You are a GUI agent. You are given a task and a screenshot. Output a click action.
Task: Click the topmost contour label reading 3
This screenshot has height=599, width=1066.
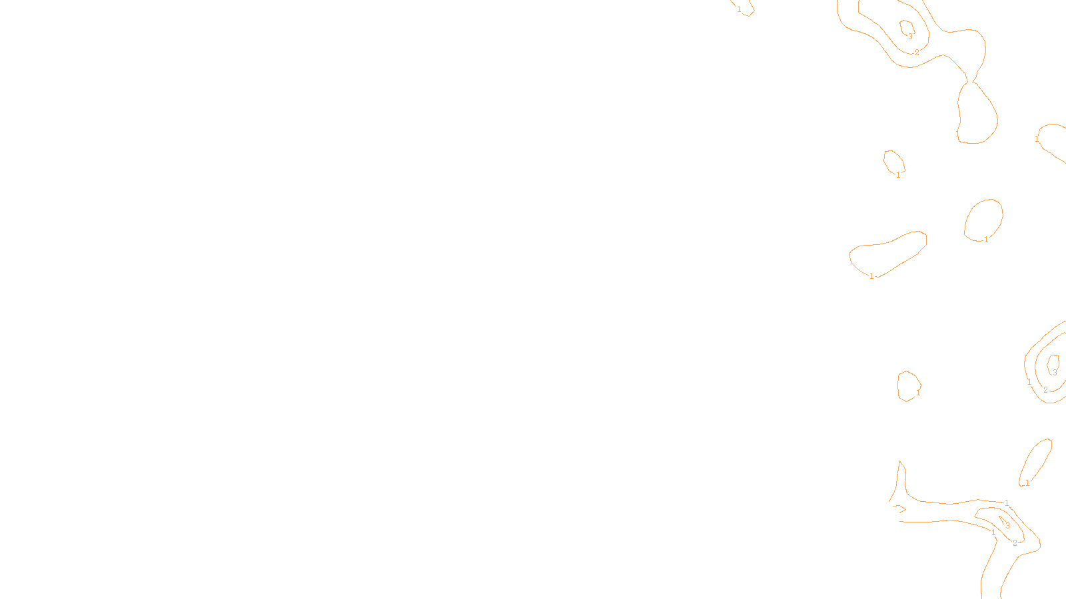click(x=910, y=37)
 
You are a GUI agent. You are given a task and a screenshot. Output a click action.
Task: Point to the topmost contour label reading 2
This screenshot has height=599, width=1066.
click(x=917, y=52)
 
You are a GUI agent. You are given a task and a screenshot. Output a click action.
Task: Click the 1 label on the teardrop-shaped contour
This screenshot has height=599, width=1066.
click(x=957, y=134)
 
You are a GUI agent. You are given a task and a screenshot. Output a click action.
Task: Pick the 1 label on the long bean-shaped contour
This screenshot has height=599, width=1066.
click(x=871, y=276)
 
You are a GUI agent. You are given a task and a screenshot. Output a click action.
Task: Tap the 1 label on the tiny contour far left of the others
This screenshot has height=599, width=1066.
click(x=739, y=9)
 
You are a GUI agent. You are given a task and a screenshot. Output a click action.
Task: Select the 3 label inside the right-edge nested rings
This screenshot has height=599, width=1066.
click(x=1055, y=373)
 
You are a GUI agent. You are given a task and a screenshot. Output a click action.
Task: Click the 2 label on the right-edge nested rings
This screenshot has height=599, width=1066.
click(x=1045, y=389)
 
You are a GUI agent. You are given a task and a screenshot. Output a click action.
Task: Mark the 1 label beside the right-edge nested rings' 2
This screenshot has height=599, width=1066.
click(x=1029, y=382)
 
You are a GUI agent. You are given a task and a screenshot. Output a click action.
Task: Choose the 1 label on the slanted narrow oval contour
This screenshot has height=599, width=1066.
click(x=1027, y=483)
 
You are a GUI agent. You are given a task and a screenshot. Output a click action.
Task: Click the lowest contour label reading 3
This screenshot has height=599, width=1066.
click(x=1007, y=525)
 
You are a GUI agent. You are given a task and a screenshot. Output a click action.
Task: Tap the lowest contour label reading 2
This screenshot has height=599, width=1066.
click(x=1015, y=543)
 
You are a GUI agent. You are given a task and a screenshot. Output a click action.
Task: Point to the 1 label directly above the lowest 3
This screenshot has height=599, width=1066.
click(x=1007, y=503)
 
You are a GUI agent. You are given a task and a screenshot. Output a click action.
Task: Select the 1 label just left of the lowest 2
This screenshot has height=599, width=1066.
click(x=993, y=532)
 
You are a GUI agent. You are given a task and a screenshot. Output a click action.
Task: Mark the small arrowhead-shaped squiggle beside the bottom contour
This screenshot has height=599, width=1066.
click(x=899, y=509)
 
